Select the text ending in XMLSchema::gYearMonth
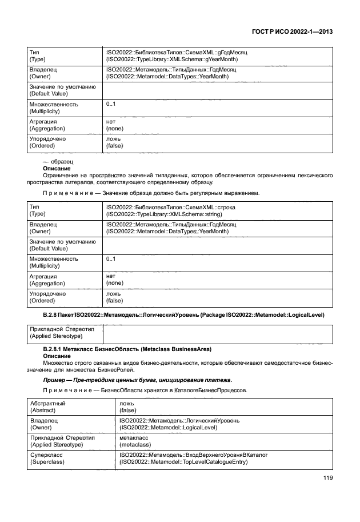[172, 59]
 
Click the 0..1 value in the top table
[111, 104]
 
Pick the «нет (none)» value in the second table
[115, 279]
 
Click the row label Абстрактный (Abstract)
[47, 407]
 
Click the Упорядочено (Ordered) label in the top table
[47, 142]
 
